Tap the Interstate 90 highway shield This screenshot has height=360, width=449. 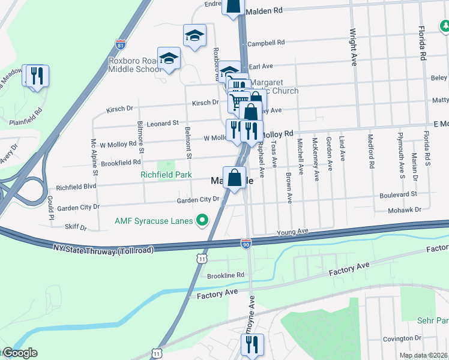[x=247, y=243]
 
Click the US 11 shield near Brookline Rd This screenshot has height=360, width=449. [x=203, y=258]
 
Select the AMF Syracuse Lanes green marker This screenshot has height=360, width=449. [x=202, y=221]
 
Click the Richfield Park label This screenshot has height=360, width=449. [x=166, y=175]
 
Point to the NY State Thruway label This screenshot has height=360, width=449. [x=103, y=248]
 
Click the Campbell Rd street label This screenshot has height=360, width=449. [x=266, y=43]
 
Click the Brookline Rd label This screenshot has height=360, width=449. [x=226, y=275]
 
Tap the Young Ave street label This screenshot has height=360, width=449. [x=292, y=232]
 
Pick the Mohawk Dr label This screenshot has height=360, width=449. [x=402, y=211]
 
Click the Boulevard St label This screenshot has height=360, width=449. [x=398, y=195]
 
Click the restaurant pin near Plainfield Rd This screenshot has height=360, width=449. [x=37, y=76]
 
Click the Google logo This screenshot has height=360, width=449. [x=20, y=353]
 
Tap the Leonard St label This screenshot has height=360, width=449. [x=163, y=122]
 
